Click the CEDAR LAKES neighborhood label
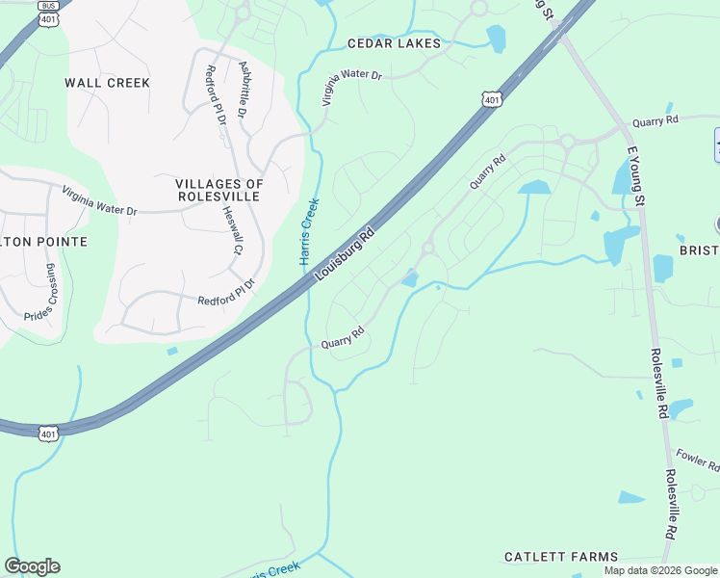pyautogui.click(x=394, y=43)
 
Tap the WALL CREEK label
pyautogui.click(x=108, y=83)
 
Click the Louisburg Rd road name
pyautogui.click(x=344, y=255)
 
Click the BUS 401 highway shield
pyautogui.click(x=47, y=12)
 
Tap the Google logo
pyautogui.click(x=32, y=566)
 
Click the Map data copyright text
pyautogui.click(x=660, y=570)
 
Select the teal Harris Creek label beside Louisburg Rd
pyautogui.click(x=309, y=232)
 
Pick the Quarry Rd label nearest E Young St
pyautogui.click(x=656, y=120)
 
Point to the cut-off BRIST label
pyautogui.click(x=699, y=250)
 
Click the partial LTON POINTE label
pyautogui.click(x=43, y=241)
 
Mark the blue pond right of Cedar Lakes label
pyautogui.click(x=496, y=39)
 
